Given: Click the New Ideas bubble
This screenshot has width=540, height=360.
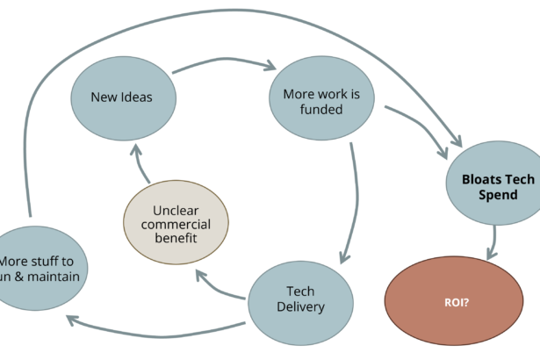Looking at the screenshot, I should coord(122,97).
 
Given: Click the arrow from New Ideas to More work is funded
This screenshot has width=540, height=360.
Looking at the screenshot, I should coord(224,64).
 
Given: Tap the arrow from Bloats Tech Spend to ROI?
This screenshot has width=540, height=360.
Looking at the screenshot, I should coord(495,241).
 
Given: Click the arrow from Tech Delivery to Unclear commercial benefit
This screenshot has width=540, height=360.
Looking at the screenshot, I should coord(220,288).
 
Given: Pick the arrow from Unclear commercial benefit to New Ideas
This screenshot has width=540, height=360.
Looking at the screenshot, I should coord(140,160).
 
